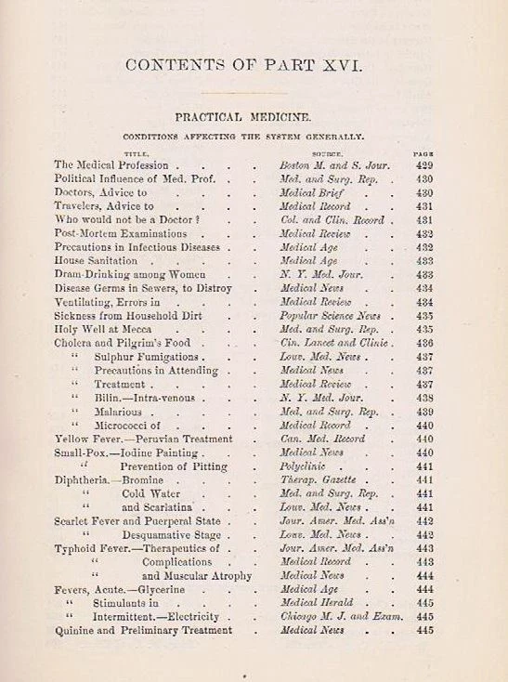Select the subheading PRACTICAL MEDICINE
[253, 118]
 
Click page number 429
[423, 164]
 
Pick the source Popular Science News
[332, 316]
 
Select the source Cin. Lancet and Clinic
[335, 343]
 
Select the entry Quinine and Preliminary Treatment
[143, 630]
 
